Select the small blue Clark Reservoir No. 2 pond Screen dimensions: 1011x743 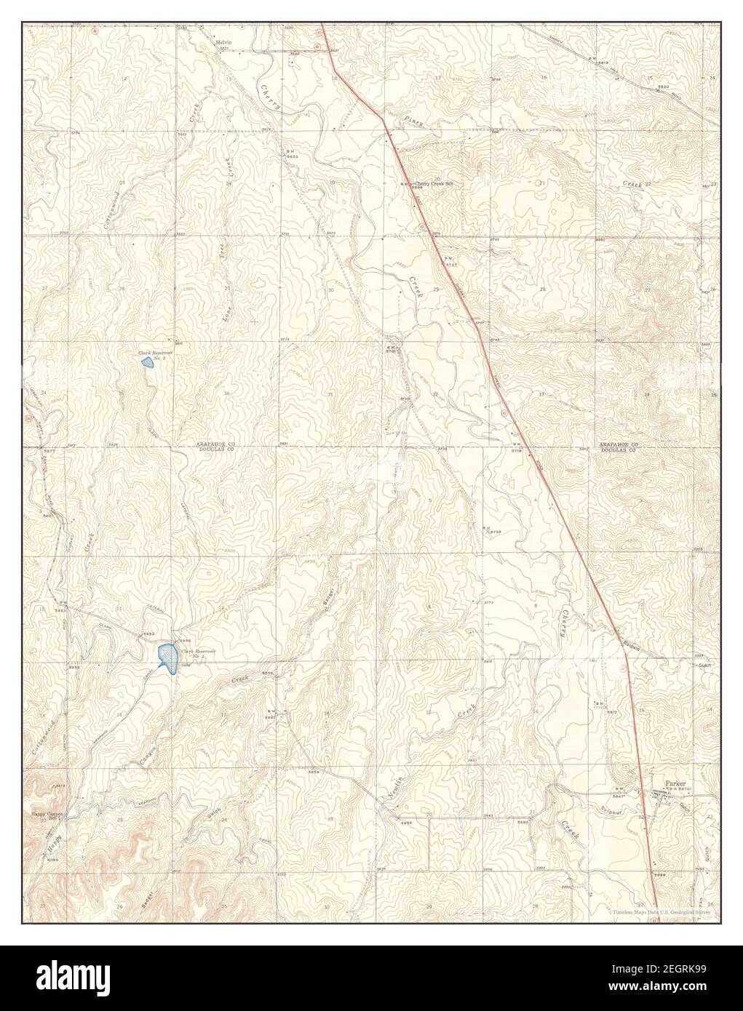pos(147,361)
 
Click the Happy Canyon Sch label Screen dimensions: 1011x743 pos(48,816)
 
